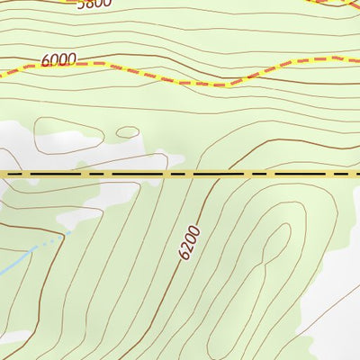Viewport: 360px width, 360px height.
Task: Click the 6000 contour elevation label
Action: tap(58, 59)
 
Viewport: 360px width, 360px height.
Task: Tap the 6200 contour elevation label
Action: tap(189, 243)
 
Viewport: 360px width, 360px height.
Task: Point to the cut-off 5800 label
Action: tap(94, 4)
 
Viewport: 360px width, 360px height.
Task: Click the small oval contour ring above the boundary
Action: tap(127, 132)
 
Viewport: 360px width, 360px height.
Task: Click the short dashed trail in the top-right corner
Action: tap(333, 4)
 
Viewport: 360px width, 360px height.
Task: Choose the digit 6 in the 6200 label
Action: tap(183, 256)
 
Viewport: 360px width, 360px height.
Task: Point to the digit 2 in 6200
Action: tap(187, 247)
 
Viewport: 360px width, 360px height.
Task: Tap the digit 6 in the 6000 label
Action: tap(46, 61)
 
